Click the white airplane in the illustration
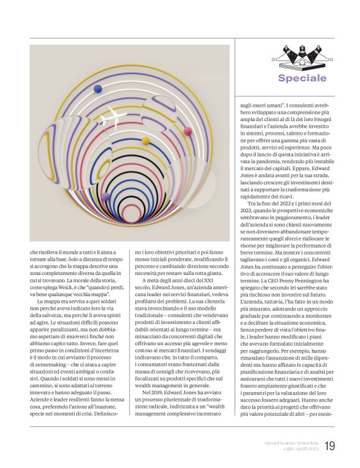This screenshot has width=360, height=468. (114, 117)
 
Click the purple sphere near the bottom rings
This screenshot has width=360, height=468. (106, 196)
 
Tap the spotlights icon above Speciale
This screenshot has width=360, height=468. (302, 55)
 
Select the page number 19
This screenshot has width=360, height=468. (330, 446)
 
